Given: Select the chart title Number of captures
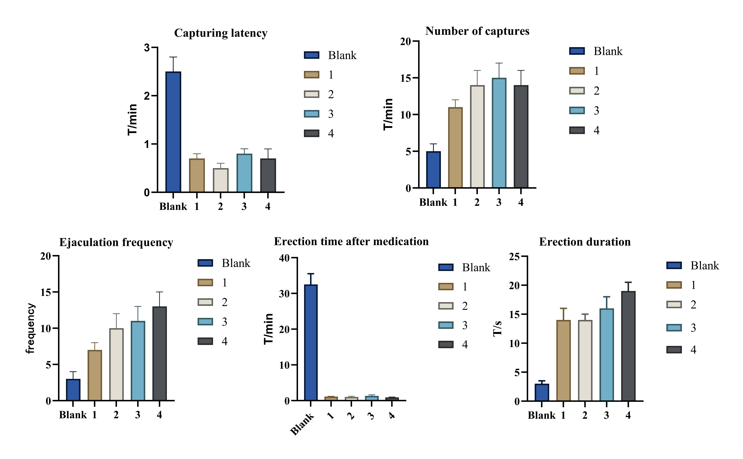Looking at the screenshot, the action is [477, 31].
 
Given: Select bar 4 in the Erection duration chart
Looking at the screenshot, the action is [628, 346].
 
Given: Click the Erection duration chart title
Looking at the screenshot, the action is [585, 242].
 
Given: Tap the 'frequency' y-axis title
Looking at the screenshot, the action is [30, 328].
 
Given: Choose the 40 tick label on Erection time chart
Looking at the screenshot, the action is [285, 258].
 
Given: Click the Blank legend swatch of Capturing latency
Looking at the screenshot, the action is [312, 55].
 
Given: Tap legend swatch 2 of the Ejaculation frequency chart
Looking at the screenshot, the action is [205, 302].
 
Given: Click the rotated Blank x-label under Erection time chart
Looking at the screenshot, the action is [302, 424].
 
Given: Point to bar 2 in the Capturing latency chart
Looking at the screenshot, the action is [221, 180].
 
